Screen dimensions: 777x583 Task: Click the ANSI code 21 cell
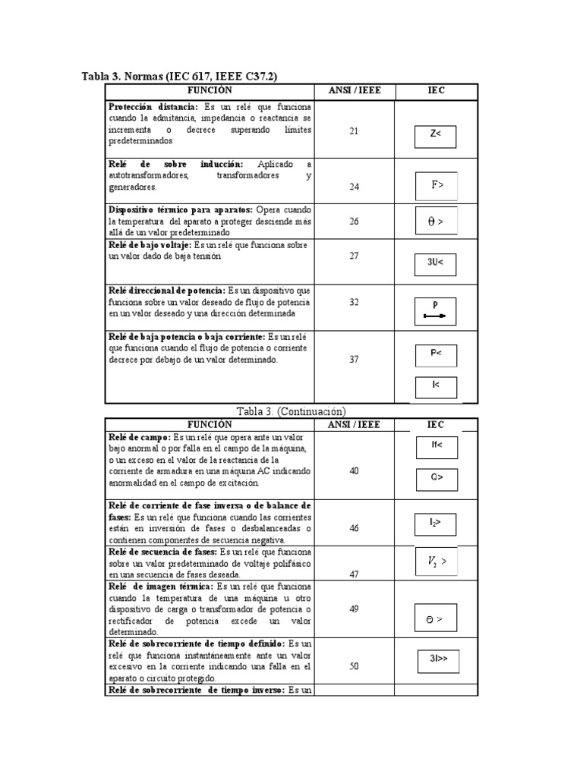pyautogui.click(x=354, y=131)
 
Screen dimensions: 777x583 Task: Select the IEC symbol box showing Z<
pyautogui.click(x=435, y=134)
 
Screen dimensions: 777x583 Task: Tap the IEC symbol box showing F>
pyautogui.click(x=436, y=184)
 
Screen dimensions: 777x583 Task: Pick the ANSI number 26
pyautogui.click(x=354, y=222)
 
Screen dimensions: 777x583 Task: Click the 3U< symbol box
pyautogui.click(x=435, y=263)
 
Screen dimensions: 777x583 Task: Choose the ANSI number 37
pyautogui.click(x=354, y=359)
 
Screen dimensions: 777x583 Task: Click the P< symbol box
pyautogui.click(x=436, y=354)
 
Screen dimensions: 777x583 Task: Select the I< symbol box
pyautogui.click(x=436, y=386)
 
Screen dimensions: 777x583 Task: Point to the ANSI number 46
pyautogui.click(x=354, y=528)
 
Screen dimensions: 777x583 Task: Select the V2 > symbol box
pyautogui.click(x=436, y=562)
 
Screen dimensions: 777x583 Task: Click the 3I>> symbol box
pyautogui.click(x=437, y=659)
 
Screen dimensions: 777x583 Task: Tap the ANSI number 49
pyautogui.click(x=354, y=609)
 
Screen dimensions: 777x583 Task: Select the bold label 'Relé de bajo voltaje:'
pyautogui.click(x=150, y=245)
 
